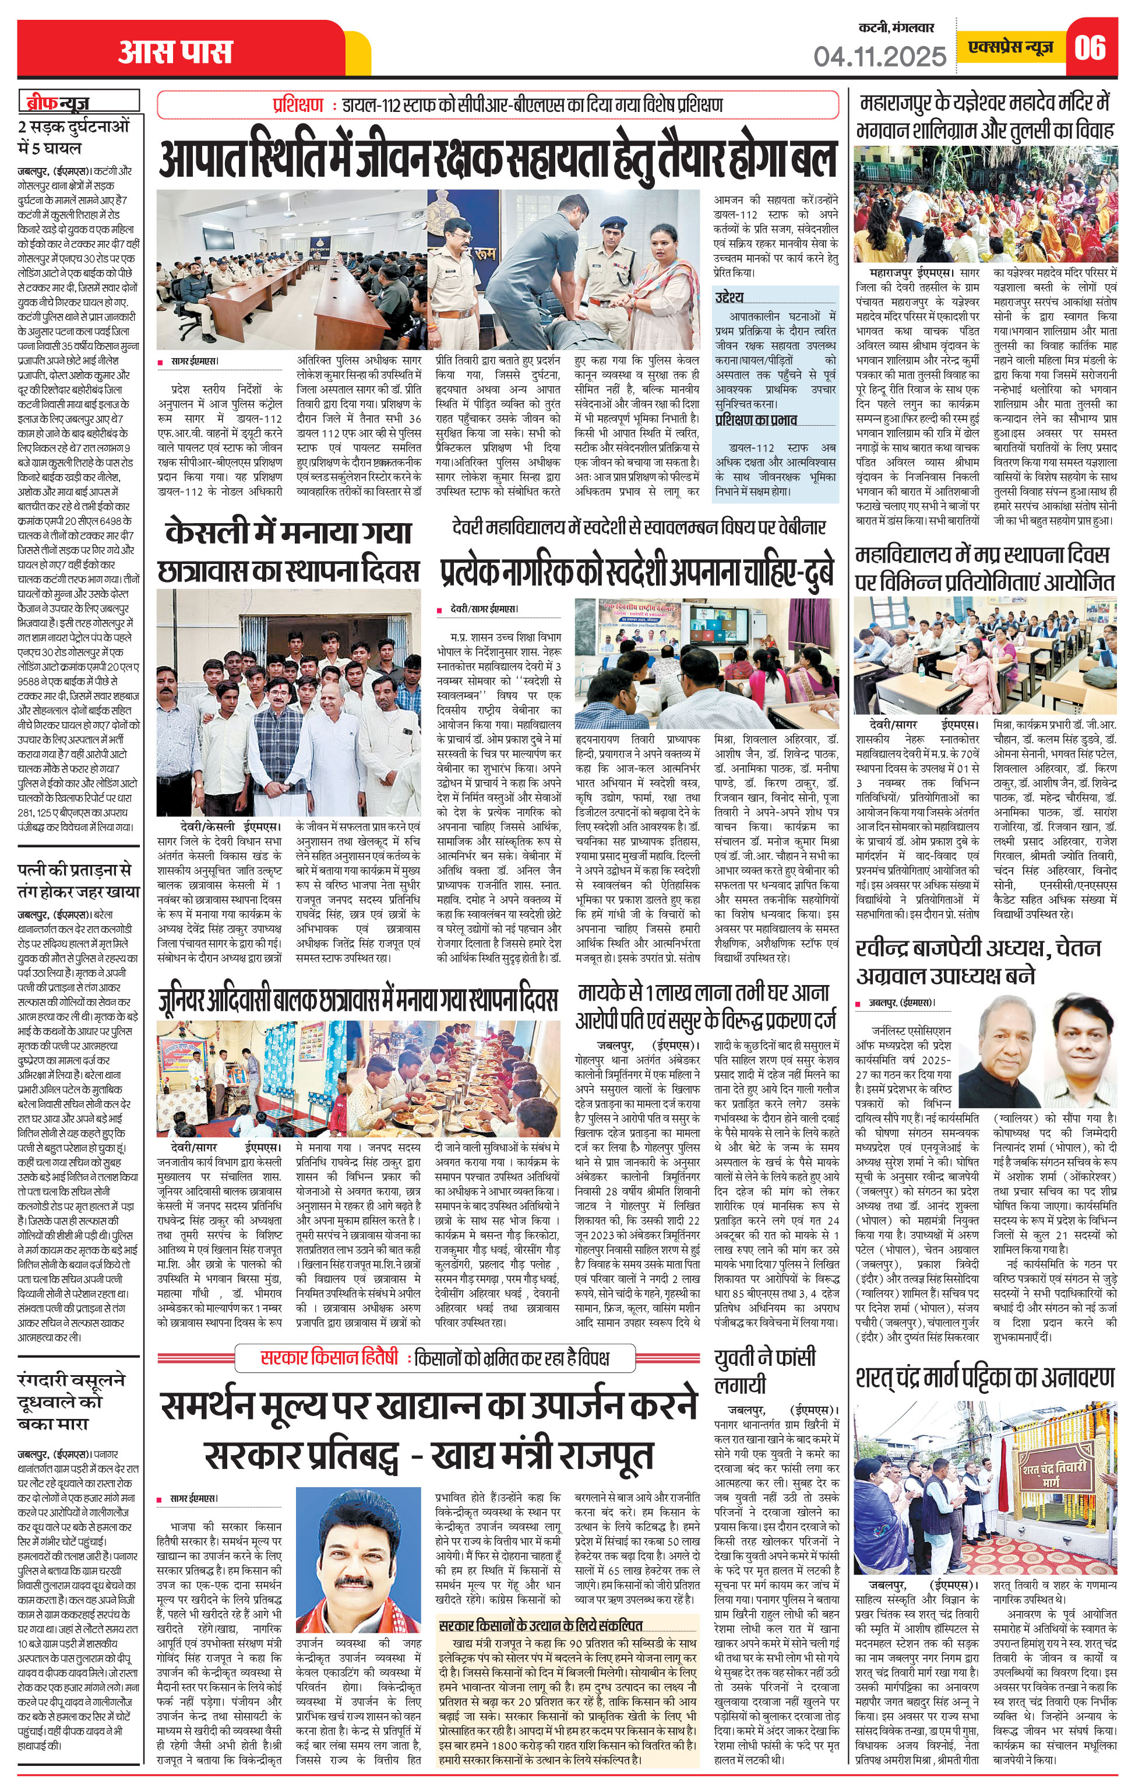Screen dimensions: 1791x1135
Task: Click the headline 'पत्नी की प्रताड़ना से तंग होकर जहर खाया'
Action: point(78,881)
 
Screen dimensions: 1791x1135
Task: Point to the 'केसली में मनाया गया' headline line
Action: point(288,532)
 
